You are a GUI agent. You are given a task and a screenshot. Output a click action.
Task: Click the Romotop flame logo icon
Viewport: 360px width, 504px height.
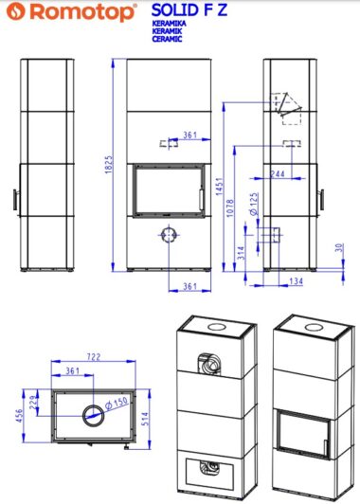(16, 11)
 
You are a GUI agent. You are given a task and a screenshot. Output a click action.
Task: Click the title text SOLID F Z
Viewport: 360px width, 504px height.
(189, 10)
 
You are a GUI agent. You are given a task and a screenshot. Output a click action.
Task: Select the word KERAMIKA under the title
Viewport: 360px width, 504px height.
(169, 24)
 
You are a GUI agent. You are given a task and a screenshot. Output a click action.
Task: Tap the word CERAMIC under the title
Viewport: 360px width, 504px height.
(167, 39)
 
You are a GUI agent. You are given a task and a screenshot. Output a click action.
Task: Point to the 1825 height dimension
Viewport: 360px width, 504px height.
(109, 165)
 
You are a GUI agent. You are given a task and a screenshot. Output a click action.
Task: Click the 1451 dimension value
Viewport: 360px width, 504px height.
(220, 186)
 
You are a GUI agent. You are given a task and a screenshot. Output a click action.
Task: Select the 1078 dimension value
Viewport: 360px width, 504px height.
(230, 208)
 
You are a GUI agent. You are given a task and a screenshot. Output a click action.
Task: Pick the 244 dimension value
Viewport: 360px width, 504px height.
(278, 174)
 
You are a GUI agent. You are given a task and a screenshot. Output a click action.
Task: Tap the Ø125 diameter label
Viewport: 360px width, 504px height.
(254, 204)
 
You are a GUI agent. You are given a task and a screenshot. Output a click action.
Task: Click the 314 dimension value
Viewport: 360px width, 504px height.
(241, 253)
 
